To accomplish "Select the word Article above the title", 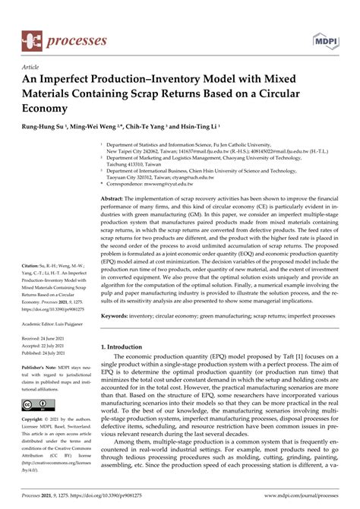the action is pyautogui.click(x=31, y=67).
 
